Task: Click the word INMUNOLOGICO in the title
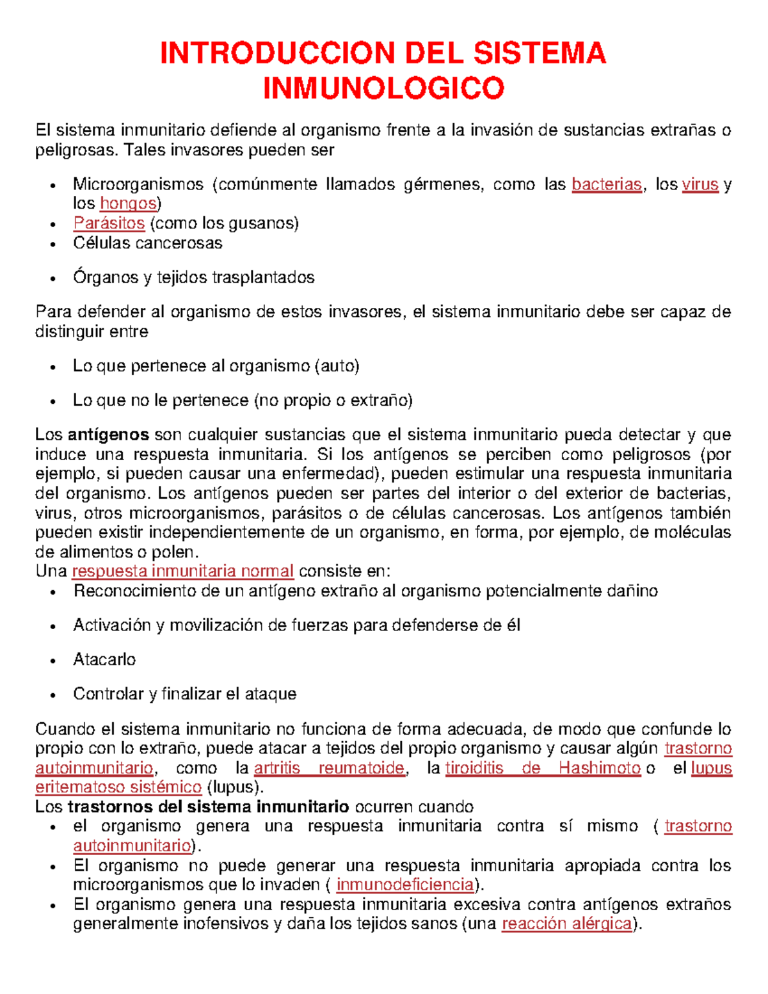tap(383, 88)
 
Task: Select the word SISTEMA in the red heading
tap(539, 53)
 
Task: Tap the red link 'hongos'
tap(129, 204)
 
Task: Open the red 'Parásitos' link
tap(109, 223)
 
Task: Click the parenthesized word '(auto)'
tap(337, 366)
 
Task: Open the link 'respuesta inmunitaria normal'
tap(183, 571)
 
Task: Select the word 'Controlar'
tap(108, 694)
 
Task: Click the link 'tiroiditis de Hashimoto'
tap(543, 768)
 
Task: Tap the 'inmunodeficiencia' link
tap(405, 885)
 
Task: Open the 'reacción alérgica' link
tap(566, 924)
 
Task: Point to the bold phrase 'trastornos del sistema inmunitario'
tap(208, 806)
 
